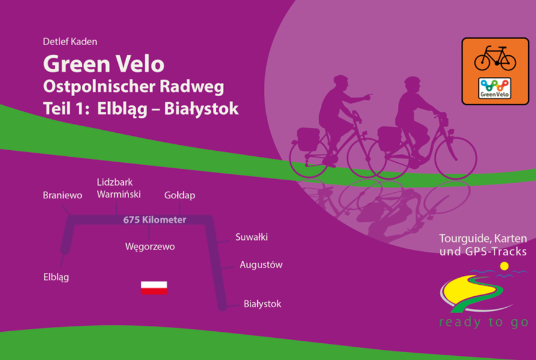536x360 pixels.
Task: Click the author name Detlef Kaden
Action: pos(70,41)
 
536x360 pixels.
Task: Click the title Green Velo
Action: pos(103,64)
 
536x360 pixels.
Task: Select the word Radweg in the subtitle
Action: pos(192,87)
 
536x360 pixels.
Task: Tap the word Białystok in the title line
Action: pos(201,109)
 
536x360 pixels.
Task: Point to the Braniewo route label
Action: pos(62,195)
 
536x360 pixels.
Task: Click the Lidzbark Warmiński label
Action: pos(118,188)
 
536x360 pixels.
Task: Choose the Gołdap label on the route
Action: pos(180,195)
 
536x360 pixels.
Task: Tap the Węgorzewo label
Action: pos(150,246)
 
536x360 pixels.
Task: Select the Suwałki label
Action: pos(252,237)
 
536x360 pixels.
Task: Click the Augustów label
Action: pos(261,264)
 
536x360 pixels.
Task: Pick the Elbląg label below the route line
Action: pos(56,277)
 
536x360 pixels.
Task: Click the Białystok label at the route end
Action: pos(263,304)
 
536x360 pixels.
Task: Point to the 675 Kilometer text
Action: pos(154,219)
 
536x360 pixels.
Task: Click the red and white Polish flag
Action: pos(154,288)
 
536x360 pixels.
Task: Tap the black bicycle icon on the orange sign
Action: pos(495,58)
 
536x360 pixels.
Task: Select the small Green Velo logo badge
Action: pos(495,88)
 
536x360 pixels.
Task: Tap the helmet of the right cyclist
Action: pos(412,81)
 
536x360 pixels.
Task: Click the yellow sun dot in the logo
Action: pos(504,266)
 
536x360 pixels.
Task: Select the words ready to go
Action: pos(484,322)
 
